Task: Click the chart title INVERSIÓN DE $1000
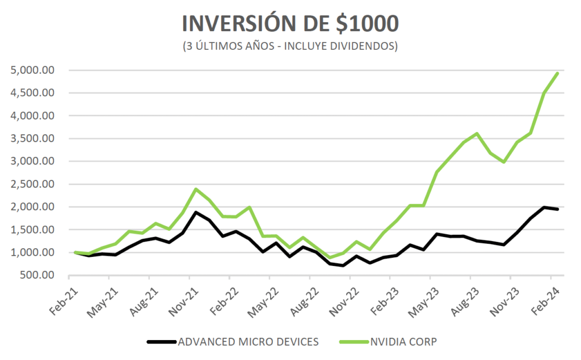(290, 23)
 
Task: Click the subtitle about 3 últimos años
(290, 46)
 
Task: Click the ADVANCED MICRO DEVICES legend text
(248, 342)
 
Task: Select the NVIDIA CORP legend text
(404, 342)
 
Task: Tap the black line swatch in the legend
(161, 342)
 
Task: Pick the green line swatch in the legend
(353, 342)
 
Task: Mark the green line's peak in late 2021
(196, 189)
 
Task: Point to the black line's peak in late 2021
(196, 213)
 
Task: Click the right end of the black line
(558, 209)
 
